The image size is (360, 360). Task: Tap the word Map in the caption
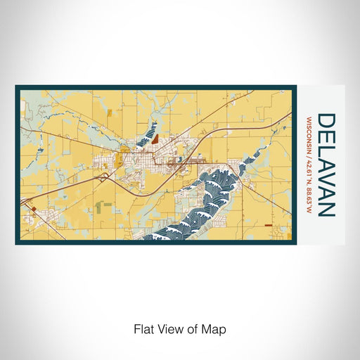(x=217, y=329)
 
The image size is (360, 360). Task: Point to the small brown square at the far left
(x=32, y=209)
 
